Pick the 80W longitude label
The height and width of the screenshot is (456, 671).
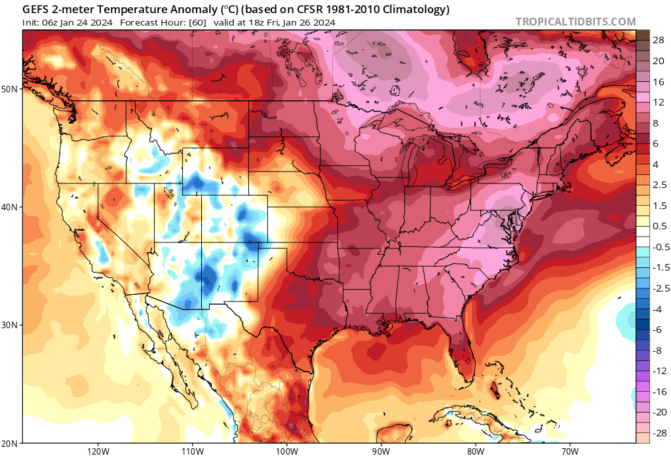tap(476, 451)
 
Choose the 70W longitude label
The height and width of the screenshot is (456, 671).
tap(569, 451)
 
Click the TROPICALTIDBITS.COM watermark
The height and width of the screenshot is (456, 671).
tap(575, 22)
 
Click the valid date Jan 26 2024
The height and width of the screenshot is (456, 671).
tap(309, 22)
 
